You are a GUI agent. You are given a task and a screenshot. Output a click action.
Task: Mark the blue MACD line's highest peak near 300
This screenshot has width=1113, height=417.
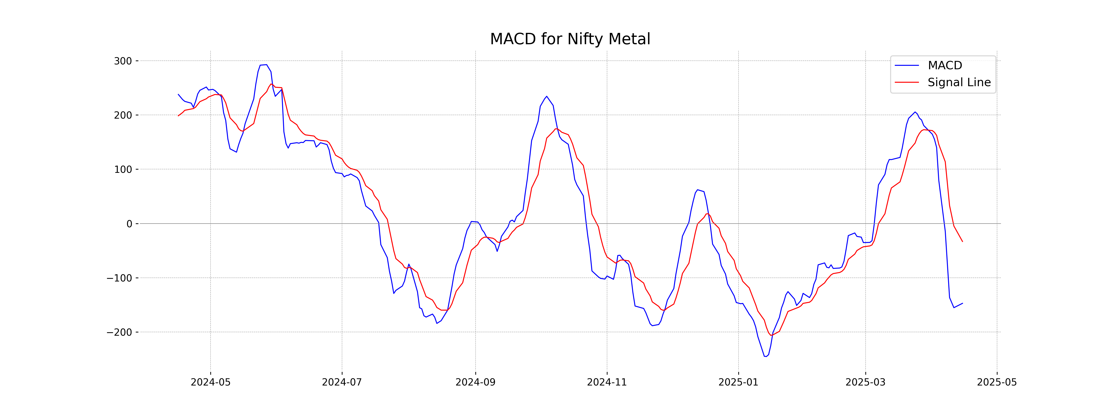[x=266, y=65]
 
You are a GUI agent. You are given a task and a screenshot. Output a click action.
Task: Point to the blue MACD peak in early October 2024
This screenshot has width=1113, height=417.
[x=547, y=96]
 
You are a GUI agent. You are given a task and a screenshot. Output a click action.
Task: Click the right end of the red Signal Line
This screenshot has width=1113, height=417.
[x=962, y=241]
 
